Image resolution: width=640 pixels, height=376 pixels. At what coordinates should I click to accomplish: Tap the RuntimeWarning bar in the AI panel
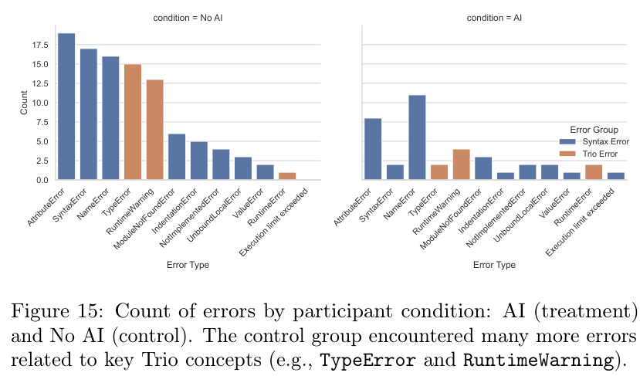(462, 164)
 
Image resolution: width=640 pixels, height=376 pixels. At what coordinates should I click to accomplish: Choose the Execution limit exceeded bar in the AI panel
(616, 176)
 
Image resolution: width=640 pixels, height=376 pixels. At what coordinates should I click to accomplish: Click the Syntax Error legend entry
(603, 142)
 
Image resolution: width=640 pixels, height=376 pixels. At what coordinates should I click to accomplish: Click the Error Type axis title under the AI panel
(494, 265)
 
